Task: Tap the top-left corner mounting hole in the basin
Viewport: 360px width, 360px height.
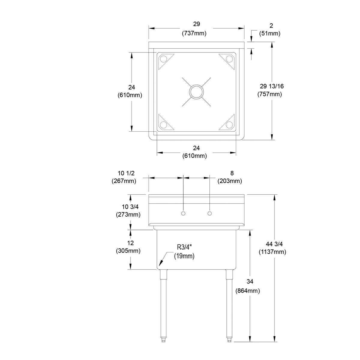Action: click(x=163, y=59)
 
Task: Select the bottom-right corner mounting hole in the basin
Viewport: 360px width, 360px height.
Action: click(x=229, y=125)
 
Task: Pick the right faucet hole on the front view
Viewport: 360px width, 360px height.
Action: click(x=210, y=213)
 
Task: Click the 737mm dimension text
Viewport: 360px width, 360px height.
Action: click(x=194, y=33)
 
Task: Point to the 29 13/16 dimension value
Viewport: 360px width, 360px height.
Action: click(x=272, y=86)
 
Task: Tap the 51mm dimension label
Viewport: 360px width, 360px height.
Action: click(x=270, y=33)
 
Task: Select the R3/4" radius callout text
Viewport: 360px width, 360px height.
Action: click(x=184, y=247)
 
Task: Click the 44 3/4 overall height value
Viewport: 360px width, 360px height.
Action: click(x=272, y=244)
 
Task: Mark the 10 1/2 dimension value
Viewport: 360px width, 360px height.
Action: click(x=126, y=173)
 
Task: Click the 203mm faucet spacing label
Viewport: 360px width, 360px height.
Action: click(x=230, y=181)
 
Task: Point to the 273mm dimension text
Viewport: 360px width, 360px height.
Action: click(x=128, y=214)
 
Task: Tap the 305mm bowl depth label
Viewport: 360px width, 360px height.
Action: click(x=128, y=251)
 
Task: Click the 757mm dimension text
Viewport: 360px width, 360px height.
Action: click(x=270, y=94)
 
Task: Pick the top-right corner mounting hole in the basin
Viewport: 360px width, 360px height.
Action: click(x=229, y=59)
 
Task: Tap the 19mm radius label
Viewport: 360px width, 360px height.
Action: click(x=184, y=256)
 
